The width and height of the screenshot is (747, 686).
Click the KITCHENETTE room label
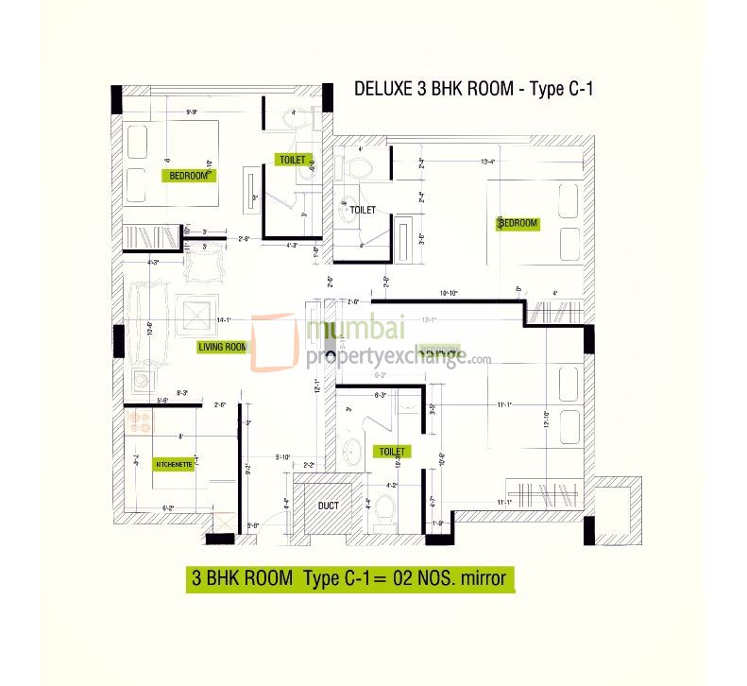tap(174, 465)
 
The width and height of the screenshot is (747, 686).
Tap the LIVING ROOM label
tap(222, 347)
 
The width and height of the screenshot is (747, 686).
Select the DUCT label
tap(328, 506)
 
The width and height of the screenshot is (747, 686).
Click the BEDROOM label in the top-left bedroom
tap(190, 176)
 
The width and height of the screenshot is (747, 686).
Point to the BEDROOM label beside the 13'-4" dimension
tap(518, 224)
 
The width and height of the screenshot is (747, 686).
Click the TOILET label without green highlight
tap(364, 210)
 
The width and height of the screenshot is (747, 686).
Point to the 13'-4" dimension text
tap(489, 162)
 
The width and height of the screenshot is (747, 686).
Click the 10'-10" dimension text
tap(450, 292)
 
